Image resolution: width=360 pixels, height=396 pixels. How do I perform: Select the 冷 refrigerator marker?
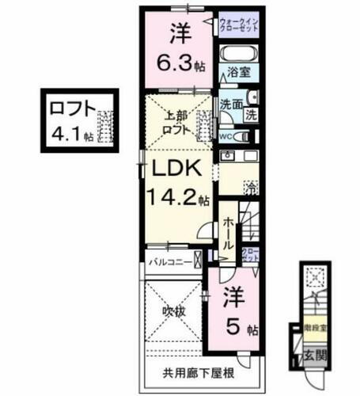[x=251, y=188]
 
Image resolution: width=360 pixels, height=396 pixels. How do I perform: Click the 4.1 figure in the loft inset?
[x=70, y=133]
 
